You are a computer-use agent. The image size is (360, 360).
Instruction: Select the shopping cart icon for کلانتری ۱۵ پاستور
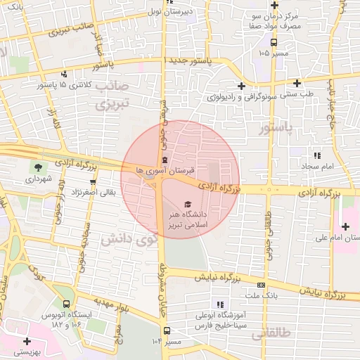65,74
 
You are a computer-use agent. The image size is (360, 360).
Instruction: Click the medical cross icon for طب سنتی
297,83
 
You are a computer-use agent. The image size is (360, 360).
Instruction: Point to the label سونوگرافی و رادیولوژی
243,96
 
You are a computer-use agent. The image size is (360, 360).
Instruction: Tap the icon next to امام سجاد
317,155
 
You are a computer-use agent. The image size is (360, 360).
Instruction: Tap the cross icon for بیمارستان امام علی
345,226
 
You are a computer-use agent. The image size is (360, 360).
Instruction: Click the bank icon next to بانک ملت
262,285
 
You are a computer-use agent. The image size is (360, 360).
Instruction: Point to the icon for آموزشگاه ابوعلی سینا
220,304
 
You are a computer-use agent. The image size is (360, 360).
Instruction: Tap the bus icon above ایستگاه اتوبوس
66,304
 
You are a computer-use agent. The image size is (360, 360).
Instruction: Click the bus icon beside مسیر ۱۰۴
167,330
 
